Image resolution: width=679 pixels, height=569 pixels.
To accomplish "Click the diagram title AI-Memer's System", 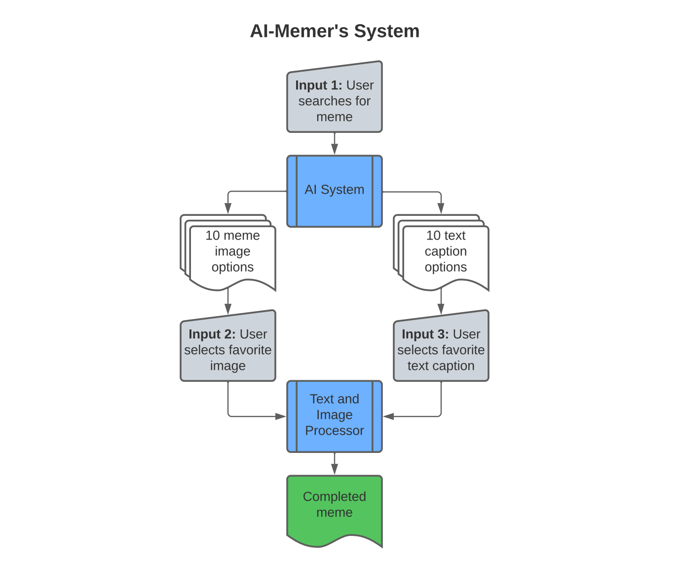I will [335, 31].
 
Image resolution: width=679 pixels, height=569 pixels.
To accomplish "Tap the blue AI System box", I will [335, 191].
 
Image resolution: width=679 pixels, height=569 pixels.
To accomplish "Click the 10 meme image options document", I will [232, 252].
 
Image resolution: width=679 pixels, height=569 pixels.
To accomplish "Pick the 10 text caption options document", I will [445, 252].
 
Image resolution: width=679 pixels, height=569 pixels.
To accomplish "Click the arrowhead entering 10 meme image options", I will [228, 209].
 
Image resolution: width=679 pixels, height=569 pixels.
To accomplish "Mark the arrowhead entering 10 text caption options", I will [441, 209].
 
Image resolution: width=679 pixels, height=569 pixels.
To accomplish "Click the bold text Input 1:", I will [318, 85].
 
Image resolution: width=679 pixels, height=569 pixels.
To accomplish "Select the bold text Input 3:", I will [425, 334].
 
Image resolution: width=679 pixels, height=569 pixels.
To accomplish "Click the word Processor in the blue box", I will [335, 431].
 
